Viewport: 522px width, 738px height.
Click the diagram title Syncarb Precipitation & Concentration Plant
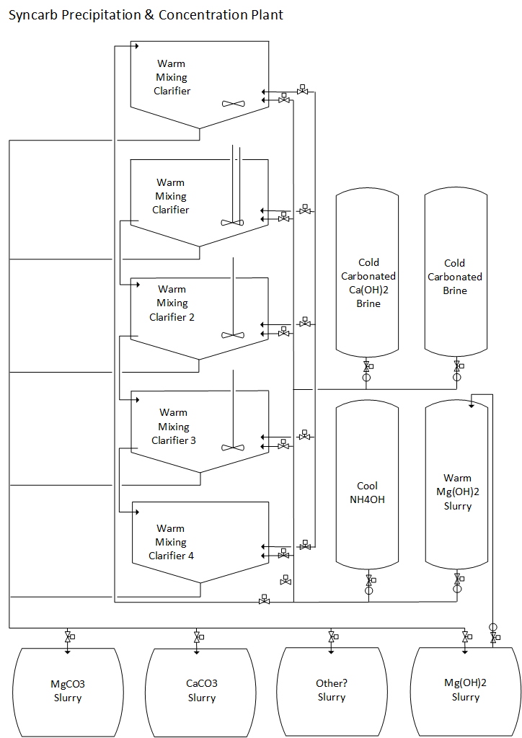coord(146,14)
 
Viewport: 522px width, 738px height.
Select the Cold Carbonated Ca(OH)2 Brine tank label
coord(368,283)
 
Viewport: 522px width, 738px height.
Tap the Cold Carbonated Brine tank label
coord(455,277)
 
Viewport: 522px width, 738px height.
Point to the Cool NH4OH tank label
coord(367,493)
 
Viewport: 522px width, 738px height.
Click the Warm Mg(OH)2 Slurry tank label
coord(457,492)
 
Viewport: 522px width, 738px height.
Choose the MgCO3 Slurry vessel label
coord(68,690)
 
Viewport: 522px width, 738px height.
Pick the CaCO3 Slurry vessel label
coord(202,690)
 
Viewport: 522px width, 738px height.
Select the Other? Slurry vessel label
coord(332,690)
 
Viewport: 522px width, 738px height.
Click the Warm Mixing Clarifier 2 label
coord(172,303)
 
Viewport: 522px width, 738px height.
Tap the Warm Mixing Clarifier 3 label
coord(173,427)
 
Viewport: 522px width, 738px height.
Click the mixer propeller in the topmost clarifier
coord(233,104)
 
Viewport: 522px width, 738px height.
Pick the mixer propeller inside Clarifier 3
coord(233,448)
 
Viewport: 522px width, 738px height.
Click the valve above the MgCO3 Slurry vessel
coord(68,638)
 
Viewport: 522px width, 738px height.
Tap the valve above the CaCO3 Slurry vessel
coord(197,638)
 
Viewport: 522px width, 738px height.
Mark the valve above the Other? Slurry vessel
coord(332,638)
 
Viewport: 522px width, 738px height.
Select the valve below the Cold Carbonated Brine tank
coord(456,368)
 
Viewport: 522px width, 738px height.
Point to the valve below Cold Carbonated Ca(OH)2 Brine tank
coord(366,368)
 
